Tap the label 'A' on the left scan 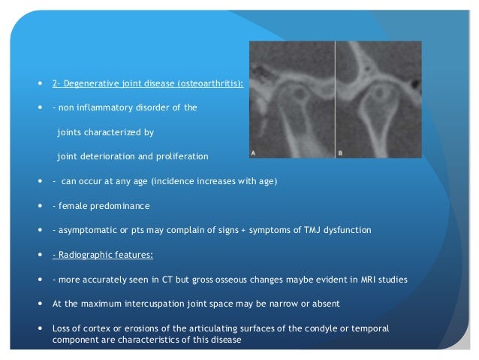[x=253, y=152]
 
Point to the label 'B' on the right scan [x=340, y=152]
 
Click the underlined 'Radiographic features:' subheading [x=103, y=255]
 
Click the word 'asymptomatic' [x=84, y=230]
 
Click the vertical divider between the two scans [x=334, y=98]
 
